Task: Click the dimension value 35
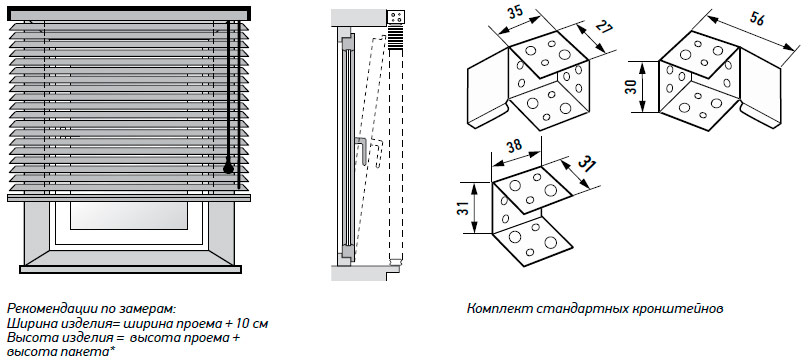pos(515,12)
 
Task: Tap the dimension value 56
pos(756,19)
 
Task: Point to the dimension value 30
pos(630,86)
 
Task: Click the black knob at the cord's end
pos(228,168)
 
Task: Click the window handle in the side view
pos(362,151)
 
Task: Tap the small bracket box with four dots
pos(397,16)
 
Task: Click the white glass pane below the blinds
pos(129,216)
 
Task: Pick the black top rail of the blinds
pos(129,13)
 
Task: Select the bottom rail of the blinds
pos(129,197)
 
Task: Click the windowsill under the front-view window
pos(130,269)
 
